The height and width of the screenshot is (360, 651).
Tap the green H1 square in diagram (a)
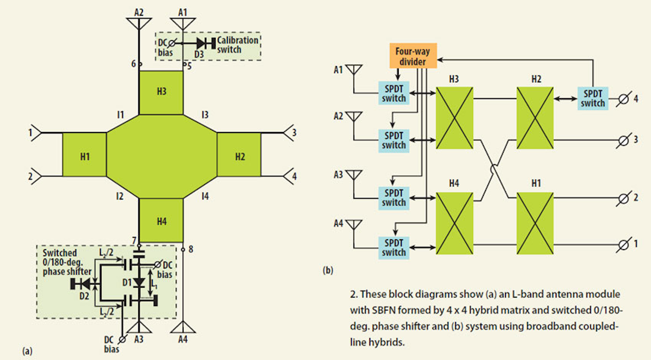point(85,155)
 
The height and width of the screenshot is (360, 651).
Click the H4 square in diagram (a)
point(161,220)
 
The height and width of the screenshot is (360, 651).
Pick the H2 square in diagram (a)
point(239,155)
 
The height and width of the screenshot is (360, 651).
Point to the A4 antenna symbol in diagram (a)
point(183,327)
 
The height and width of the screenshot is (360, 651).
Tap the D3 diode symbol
point(202,43)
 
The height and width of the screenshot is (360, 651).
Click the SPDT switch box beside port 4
point(593,98)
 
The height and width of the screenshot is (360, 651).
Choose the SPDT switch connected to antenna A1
point(394,93)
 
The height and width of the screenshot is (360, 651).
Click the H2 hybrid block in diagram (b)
point(535,118)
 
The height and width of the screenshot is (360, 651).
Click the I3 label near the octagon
point(205,115)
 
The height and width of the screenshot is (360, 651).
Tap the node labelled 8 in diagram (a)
point(183,249)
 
